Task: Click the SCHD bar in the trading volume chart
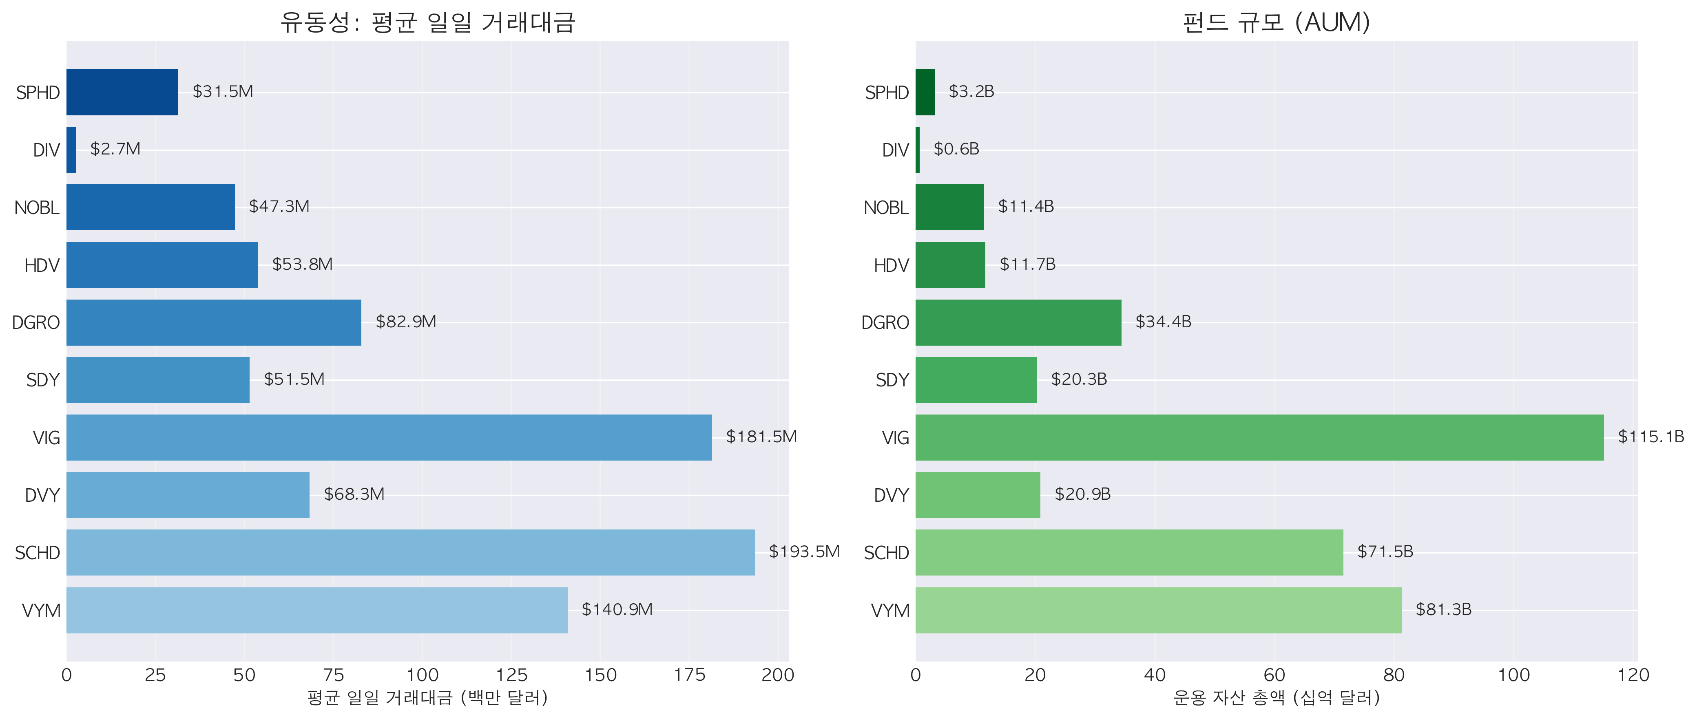click(410, 552)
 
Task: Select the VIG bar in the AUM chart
click(1259, 437)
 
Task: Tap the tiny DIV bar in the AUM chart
click(918, 150)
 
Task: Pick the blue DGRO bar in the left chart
click(213, 323)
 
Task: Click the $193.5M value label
click(804, 552)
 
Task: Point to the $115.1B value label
click(1650, 437)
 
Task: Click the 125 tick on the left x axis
click(511, 675)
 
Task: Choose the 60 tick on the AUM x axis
click(1274, 675)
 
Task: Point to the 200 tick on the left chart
click(777, 675)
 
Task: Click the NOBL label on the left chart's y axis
click(37, 208)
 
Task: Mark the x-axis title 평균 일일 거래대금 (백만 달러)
click(427, 698)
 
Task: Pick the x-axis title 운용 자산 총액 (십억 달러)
click(1276, 698)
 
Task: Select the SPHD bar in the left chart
click(122, 92)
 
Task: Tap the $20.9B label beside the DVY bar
click(1082, 494)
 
